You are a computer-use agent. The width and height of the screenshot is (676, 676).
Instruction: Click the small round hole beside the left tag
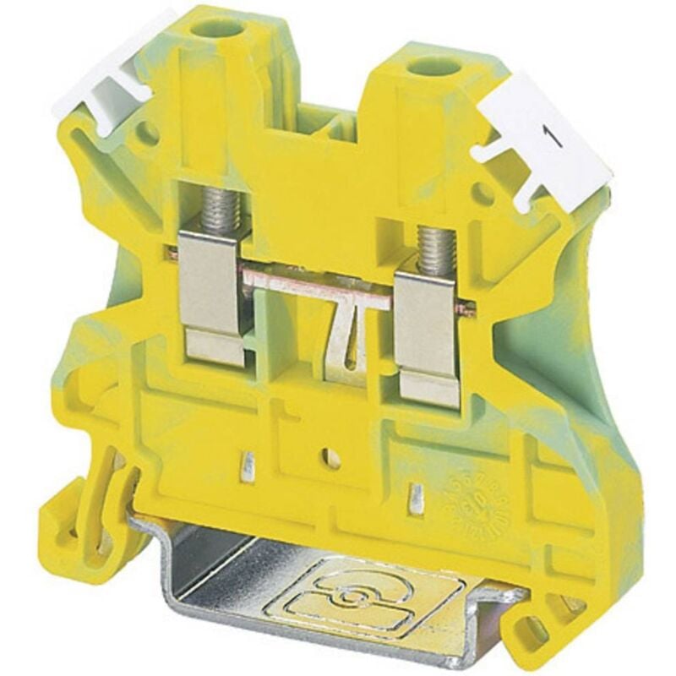[150, 131]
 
